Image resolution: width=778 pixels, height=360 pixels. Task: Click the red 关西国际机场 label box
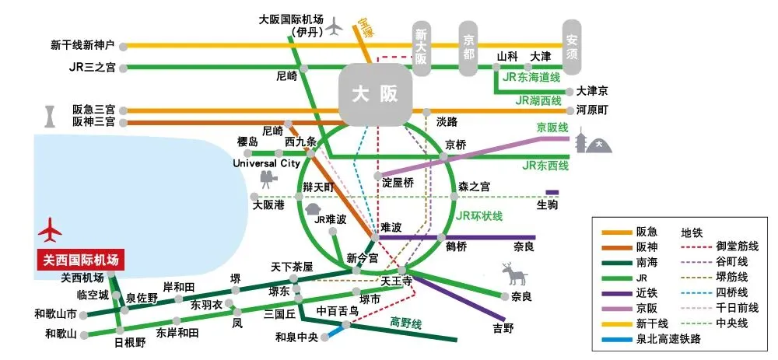pyautogui.click(x=81, y=260)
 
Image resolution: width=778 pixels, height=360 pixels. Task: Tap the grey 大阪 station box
pyautogui.click(x=375, y=95)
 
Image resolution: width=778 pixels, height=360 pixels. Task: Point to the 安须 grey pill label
pyautogui.click(x=573, y=45)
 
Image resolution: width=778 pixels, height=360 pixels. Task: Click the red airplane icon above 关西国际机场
pyautogui.click(x=51, y=232)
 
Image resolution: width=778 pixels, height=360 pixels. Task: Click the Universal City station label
pyautogui.click(x=267, y=164)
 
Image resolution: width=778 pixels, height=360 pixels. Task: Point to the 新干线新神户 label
pyautogui.click(x=82, y=45)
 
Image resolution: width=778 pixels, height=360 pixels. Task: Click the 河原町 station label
pyautogui.click(x=593, y=110)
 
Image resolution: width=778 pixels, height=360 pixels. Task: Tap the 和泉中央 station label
pyautogui.click(x=297, y=337)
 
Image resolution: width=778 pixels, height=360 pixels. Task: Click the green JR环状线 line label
pyautogui.click(x=478, y=215)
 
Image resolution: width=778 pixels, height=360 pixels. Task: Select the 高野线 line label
pyautogui.click(x=405, y=322)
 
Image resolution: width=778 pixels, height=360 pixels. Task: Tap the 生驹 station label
pyautogui.click(x=547, y=204)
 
